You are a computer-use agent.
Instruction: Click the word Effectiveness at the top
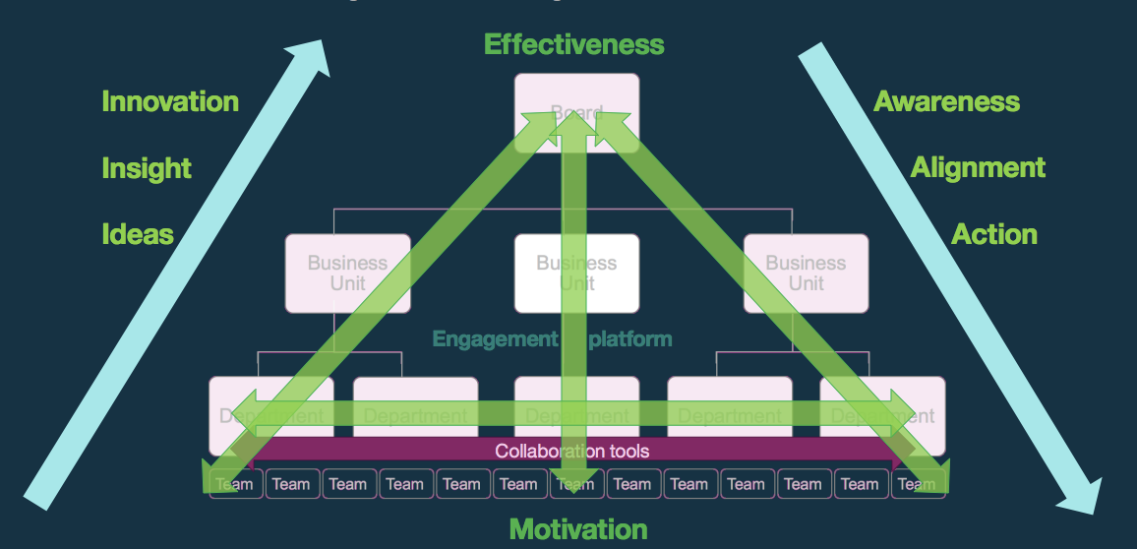tap(573, 44)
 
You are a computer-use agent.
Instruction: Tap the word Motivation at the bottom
tap(577, 529)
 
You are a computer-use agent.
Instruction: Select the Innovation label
tap(170, 101)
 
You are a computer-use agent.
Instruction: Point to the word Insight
tap(147, 168)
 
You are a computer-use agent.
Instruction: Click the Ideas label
tap(138, 234)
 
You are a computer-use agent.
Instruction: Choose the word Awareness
tap(946, 101)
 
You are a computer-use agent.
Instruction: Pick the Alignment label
tap(978, 167)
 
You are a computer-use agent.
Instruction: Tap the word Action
tap(993, 234)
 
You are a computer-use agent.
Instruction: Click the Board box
tap(577, 112)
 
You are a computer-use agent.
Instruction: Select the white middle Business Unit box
tap(577, 274)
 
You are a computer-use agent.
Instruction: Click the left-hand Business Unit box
tap(347, 274)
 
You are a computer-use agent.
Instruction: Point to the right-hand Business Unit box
tap(806, 274)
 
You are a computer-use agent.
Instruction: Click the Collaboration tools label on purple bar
tap(571, 452)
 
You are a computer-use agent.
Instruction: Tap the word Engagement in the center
tap(495, 339)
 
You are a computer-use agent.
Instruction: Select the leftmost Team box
tap(235, 484)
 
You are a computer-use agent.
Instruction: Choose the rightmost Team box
tap(918, 484)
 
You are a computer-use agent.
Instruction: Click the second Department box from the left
tap(415, 415)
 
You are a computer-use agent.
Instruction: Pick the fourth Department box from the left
tap(730, 415)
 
